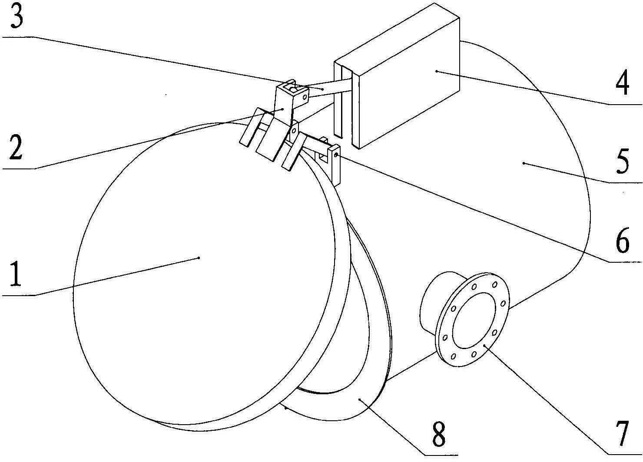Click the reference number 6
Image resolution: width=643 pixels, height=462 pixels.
click(x=622, y=241)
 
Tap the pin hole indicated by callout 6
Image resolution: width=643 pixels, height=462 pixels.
click(x=336, y=154)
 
